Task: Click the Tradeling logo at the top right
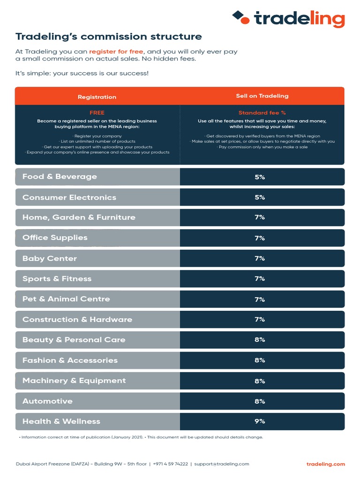coord(289,18)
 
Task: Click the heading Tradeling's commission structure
coord(109,37)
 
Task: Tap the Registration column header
coord(97,97)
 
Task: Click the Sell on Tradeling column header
coord(262,96)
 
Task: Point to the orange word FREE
coord(97,112)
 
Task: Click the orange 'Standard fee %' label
coord(262,112)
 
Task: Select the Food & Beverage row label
coord(60,177)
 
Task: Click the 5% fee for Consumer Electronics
coord(260,197)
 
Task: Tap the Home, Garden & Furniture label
coord(79,217)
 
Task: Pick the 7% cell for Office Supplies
coord(260,238)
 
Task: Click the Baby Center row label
coord(50,258)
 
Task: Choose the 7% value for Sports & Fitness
coord(260,279)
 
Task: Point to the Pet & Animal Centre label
coord(66,299)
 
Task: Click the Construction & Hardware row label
coord(77,320)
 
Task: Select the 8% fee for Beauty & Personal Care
coord(260,340)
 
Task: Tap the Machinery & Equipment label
coord(74,381)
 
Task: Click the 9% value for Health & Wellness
coord(260,421)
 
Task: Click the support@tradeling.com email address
coord(222,464)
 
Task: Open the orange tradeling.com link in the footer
coord(325,464)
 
